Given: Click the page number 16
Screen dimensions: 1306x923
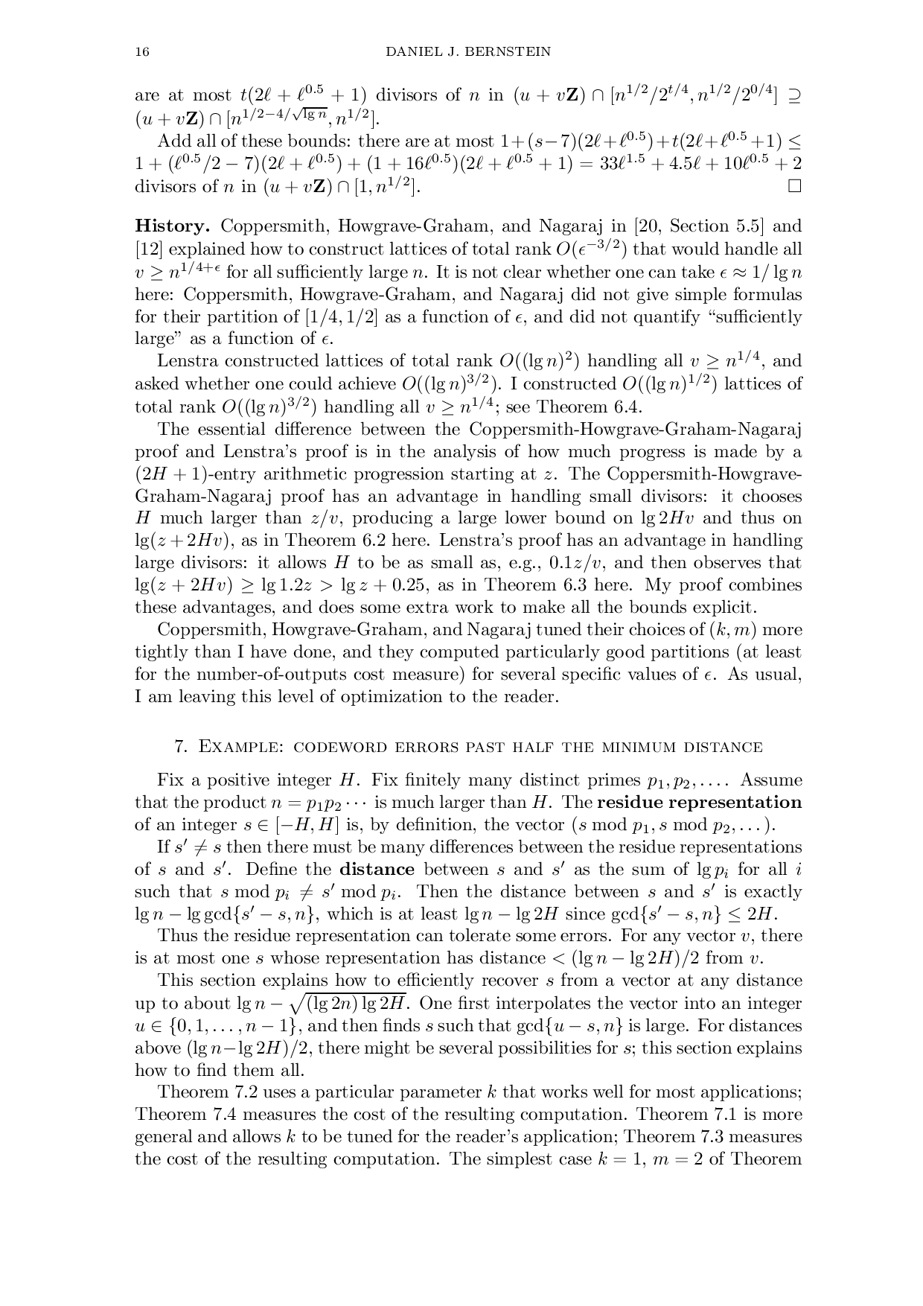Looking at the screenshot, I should [141, 52].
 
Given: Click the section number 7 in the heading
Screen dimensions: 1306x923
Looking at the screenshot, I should [179, 747].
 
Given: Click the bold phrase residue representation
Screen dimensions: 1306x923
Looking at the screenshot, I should [700, 803].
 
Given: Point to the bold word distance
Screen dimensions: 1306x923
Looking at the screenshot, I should [377, 870].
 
